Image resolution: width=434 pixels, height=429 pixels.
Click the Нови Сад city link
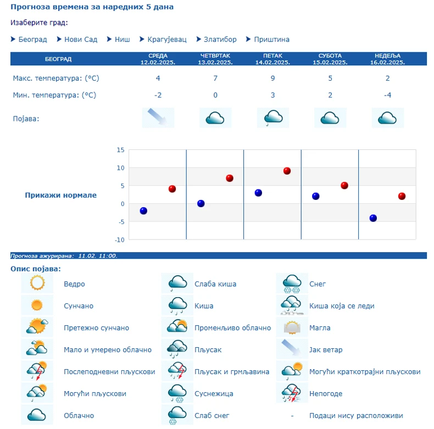tap(80, 40)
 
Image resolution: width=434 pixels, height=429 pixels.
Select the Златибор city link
tap(220, 40)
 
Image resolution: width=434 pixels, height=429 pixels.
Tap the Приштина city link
tap(271, 40)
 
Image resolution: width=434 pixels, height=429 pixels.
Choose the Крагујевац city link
tap(166, 40)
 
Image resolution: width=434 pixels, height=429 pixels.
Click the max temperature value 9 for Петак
tap(273, 78)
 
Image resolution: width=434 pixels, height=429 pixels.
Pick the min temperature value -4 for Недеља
tap(388, 95)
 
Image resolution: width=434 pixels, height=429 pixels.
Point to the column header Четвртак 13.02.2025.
tap(215, 59)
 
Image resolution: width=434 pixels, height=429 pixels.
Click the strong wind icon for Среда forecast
tap(158, 118)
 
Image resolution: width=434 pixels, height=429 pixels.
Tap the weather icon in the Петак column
tap(273, 118)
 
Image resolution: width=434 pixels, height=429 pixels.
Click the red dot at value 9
tap(287, 171)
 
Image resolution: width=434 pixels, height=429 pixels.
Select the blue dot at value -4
tap(373, 218)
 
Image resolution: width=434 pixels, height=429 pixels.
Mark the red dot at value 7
tap(230, 178)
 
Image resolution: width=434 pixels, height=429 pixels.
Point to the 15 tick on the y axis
tap(120, 149)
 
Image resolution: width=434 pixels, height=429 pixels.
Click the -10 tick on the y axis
tap(119, 239)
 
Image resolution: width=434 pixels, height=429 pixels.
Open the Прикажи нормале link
tap(60, 195)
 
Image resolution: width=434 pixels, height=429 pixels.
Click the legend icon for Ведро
tap(37, 283)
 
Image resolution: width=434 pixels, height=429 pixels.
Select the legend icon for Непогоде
tap(292, 393)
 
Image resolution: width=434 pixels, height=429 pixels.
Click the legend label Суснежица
tap(213, 394)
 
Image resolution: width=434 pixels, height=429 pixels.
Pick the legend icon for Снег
tap(292, 283)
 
